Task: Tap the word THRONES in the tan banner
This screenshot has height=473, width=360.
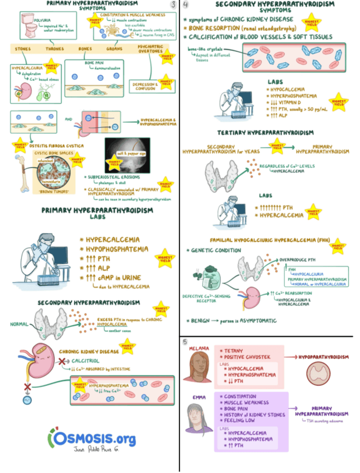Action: [54, 49]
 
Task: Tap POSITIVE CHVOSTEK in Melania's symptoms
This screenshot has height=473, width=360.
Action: [249, 357]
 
